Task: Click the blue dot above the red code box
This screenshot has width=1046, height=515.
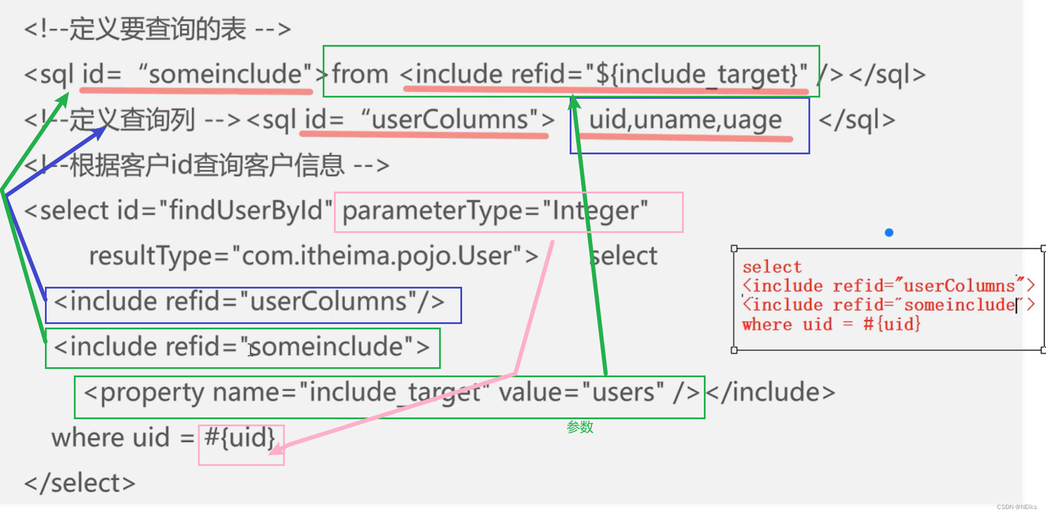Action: click(x=889, y=232)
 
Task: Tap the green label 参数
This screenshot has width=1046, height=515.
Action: click(x=580, y=427)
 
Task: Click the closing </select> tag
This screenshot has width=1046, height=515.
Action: click(x=80, y=483)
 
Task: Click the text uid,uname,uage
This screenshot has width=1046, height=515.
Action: click(x=686, y=120)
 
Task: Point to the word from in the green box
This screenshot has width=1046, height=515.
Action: click(x=360, y=75)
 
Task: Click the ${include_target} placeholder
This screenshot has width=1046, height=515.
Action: click(x=697, y=75)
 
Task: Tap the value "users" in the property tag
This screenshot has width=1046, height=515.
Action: click(x=622, y=392)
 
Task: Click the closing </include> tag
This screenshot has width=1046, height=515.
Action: click(x=771, y=392)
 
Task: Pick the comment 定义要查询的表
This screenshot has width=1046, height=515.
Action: click(x=158, y=29)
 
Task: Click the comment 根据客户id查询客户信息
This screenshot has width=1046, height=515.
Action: click(x=207, y=166)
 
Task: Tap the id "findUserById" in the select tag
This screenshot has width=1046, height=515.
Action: click(x=246, y=210)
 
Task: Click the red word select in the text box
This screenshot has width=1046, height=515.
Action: click(x=772, y=267)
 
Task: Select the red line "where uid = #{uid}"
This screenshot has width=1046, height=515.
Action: click(x=831, y=324)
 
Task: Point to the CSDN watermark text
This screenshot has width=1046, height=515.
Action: click(x=1016, y=507)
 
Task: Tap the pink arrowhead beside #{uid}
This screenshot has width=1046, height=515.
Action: click(x=275, y=448)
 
